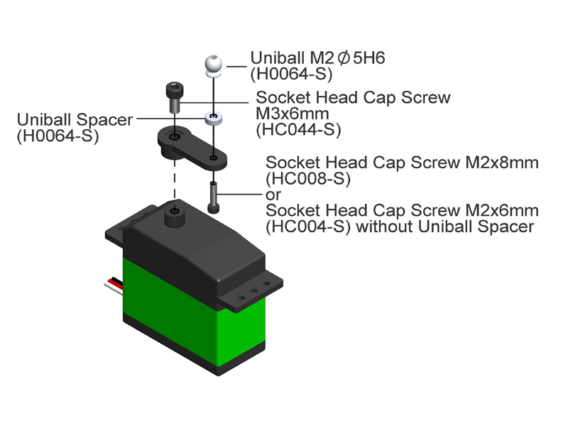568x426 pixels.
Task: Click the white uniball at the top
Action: point(214,65)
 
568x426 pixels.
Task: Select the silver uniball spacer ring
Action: point(214,119)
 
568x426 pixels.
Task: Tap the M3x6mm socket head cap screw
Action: point(174,98)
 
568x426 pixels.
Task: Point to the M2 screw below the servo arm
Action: point(214,197)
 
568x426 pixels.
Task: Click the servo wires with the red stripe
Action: point(114,283)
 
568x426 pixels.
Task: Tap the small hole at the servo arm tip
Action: point(214,158)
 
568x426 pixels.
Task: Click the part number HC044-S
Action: point(298,130)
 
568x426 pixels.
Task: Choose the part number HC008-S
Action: point(308,178)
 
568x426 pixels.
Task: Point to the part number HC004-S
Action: point(308,226)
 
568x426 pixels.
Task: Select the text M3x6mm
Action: point(293,114)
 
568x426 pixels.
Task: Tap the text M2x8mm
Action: point(502,163)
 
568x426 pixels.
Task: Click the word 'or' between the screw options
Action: point(273,195)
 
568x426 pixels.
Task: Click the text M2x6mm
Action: point(502,210)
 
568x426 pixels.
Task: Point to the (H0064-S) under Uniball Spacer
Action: point(58,136)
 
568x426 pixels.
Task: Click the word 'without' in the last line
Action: point(385,226)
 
